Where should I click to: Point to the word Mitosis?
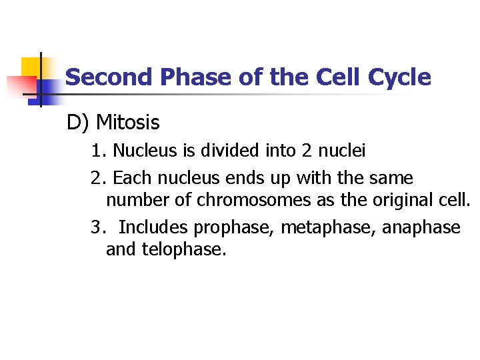click(128, 123)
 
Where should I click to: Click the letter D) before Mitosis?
click(78, 123)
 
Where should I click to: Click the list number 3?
click(98, 228)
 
